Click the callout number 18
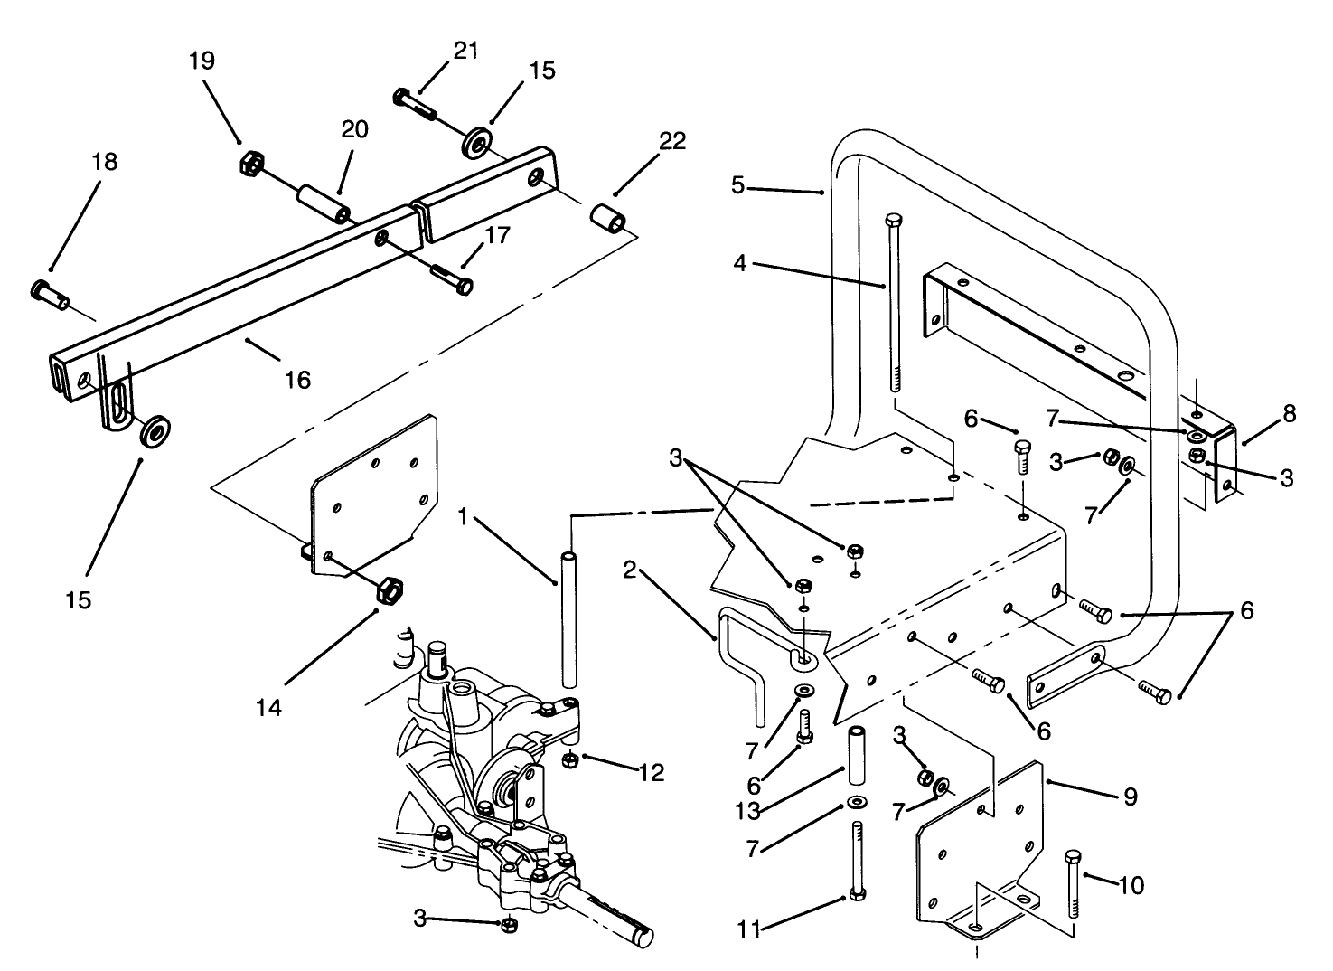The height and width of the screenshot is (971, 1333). point(105,163)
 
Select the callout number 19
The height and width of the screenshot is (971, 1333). point(202,61)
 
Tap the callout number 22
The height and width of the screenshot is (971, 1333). point(672,140)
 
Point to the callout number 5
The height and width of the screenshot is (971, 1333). point(737,185)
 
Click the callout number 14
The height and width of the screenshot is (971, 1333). point(268,707)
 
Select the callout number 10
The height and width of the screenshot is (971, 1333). point(1131,884)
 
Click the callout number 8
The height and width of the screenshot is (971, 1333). point(1289,414)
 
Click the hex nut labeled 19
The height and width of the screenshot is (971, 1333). point(250,165)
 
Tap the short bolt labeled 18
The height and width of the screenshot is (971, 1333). point(49,293)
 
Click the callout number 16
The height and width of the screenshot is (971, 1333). point(296,380)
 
